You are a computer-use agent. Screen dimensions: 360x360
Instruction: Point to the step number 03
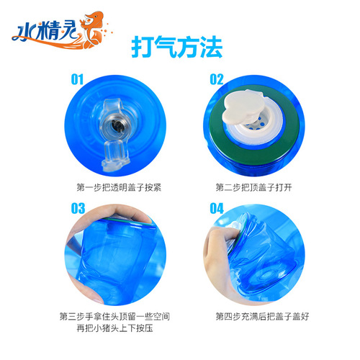pyautogui.click(x=78, y=210)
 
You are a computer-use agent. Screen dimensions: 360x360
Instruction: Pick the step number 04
pyautogui.click(x=217, y=210)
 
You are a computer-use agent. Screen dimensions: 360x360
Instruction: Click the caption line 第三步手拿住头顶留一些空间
pyautogui.click(x=114, y=315)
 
